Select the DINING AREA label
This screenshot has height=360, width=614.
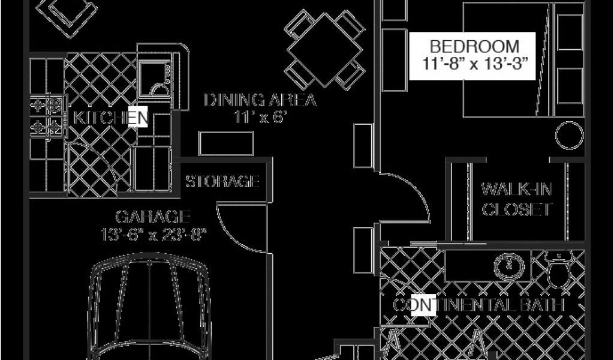click(260, 100)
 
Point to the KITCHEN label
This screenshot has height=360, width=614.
click(109, 118)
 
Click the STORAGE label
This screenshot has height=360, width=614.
click(222, 181)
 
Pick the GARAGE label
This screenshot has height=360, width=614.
click(153, 216)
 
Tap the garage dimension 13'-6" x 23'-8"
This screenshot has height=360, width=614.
click(153, 233)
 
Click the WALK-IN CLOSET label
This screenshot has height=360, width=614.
click(517, 200)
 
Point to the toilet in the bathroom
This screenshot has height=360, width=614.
click(559, 271)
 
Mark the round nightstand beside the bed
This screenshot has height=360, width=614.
click(568, 136)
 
